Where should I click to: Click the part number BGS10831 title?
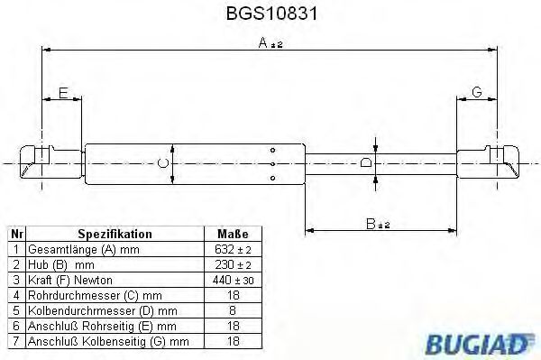click(x=268, y=15)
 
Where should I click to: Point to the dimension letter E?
click(x=63, y=93)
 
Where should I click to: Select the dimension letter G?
click(x=476, y=93)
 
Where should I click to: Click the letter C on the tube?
click(x=162, y=162)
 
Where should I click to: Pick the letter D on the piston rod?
click(x=365, y=162)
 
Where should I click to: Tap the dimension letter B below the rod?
click(x=371, y=223)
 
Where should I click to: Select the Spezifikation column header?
click(x=115, y=234)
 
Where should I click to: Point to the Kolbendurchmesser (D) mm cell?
click(x=86, y=309)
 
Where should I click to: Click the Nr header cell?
click(x=15, y=234)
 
